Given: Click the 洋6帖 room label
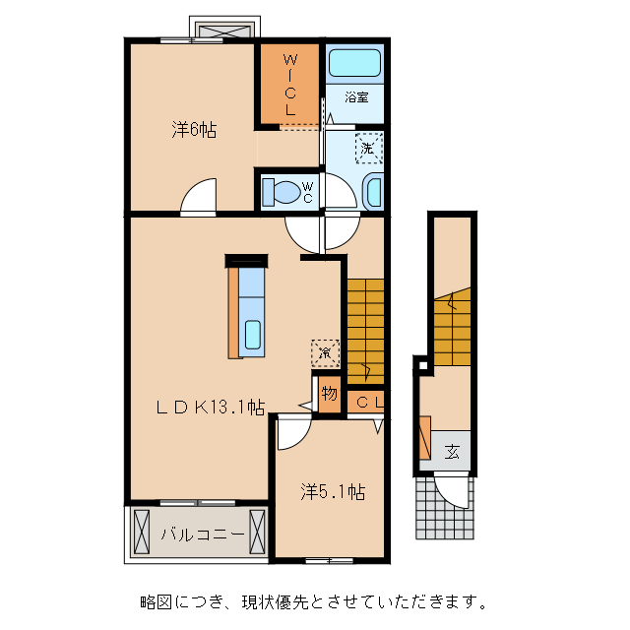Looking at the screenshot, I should click(194, 129).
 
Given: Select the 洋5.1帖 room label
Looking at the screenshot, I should click(333, 491).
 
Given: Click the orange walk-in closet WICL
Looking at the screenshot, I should click(289, 85).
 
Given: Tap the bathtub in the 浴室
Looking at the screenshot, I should click(354, 64).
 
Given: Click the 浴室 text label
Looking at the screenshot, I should click(356, 97).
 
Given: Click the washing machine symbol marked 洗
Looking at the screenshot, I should click(367, 148).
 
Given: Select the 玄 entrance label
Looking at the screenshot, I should click(452, 452).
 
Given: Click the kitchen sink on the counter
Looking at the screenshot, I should click(252, 336).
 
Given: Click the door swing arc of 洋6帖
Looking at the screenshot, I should click(198, 196).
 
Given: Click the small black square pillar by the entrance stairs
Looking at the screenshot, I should click(421, 367).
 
